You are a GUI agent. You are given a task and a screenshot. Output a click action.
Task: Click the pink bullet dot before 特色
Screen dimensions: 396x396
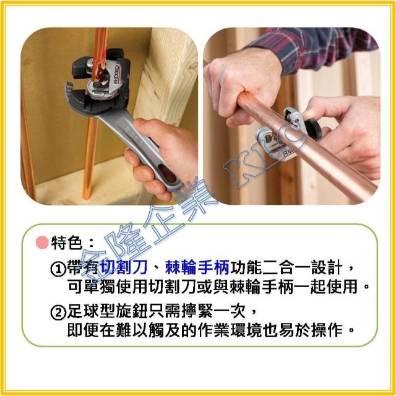click(x=42, y=243)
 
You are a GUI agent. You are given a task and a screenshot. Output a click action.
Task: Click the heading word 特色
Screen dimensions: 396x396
click(x=67, y=243)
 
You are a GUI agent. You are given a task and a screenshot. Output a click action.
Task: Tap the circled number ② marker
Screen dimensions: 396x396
click(x=58, y=312)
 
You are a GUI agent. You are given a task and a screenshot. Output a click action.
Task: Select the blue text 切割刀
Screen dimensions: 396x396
click(x=124, y=268)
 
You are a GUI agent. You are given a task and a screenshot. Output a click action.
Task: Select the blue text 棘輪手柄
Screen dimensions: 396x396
click(x=197, y=268)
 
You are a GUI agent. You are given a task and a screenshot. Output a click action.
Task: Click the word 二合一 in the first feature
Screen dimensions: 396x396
click(x=286, y=268)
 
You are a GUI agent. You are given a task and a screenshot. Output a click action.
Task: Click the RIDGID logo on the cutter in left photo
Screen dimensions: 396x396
click(x=117, y=74)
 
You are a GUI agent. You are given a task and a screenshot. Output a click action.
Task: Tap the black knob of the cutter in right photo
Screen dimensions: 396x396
click(x=313, y=127)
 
